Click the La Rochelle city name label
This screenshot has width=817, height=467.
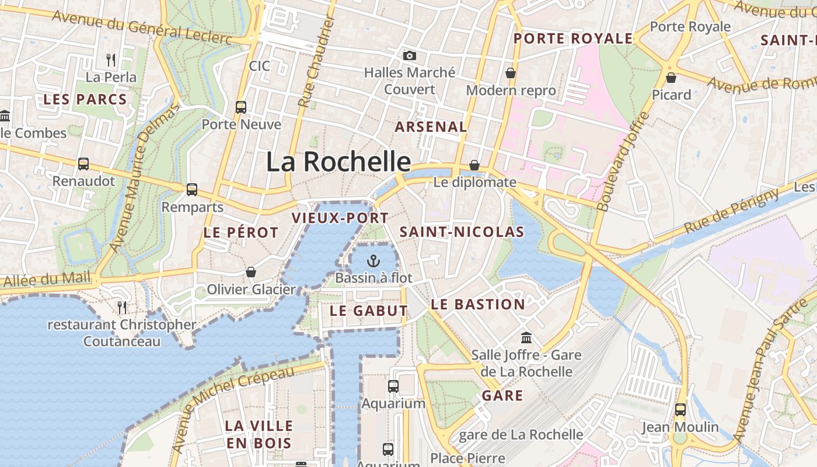click(338, 162)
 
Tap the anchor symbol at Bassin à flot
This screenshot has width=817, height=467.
click(373, 261)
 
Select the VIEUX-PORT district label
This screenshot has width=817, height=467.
click(340, 218)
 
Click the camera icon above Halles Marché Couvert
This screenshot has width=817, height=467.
click(410, 55)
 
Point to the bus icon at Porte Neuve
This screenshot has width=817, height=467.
click(241, 107)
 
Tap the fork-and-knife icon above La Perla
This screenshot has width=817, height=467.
click(111, 60)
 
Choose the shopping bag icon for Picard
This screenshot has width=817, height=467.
click(671, 77)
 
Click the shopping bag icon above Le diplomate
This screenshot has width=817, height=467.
click(474, 165)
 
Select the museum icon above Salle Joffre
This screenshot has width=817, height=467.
click(526, 337)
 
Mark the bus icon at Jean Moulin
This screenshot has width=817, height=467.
click(680, 410)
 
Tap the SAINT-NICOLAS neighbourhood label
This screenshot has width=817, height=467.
click(462, 232)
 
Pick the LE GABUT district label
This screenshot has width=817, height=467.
click(368, 311)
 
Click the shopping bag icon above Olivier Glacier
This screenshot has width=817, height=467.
click(251, 272)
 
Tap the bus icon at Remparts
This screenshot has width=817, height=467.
click(192, 190)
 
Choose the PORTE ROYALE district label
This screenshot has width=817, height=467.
click(573, 39)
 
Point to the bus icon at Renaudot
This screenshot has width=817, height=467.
click(83, 164)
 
